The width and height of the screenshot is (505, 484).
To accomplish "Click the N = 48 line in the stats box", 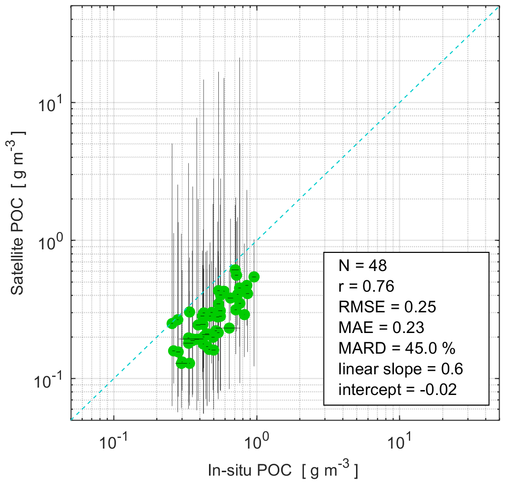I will pos(363,266).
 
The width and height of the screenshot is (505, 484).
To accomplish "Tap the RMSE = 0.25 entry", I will pos(387,307).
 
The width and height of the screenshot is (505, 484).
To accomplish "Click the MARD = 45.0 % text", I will pos(397,349).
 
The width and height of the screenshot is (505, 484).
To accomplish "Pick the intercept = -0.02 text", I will pos(398,390).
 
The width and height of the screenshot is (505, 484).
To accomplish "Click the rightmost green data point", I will pos(254,277).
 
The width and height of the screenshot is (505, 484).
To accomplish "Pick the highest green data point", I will pos(235,270).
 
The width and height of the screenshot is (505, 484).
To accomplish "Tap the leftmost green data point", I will pos(172,323).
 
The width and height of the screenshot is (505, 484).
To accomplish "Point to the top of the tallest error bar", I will pos(239,58).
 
